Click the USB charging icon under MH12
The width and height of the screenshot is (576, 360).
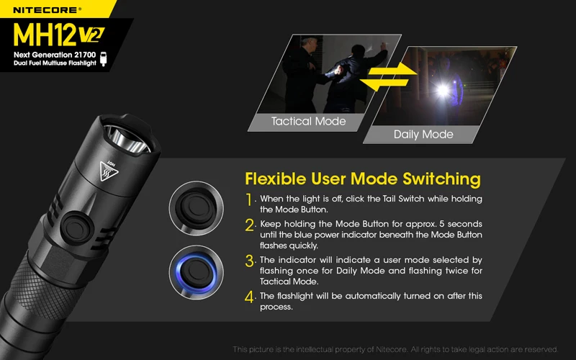[105, 59]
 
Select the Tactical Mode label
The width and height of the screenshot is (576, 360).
[308, 121]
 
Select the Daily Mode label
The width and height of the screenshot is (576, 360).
[423, 134]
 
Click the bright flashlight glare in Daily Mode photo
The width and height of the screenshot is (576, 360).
[442, 89]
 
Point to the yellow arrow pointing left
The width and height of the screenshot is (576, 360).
[379, 85]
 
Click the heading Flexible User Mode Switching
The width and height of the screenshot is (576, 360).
[362, 178]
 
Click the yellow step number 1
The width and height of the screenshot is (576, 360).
[249, 199]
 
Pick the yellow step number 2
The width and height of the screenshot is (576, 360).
[250, 226]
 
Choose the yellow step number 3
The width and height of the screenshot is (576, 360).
[250, 261]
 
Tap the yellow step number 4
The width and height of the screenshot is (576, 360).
[250, 297]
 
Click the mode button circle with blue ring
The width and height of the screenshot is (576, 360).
[195, 273]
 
